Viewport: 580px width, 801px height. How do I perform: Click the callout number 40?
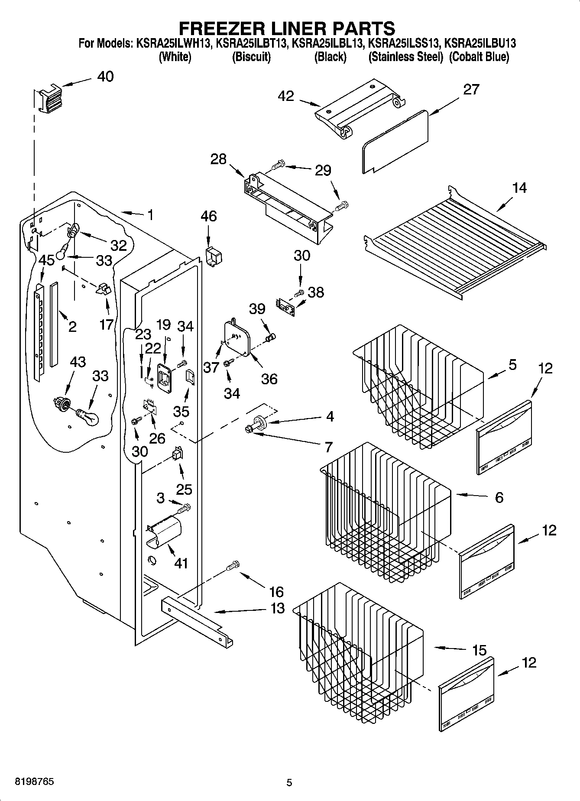point(105,77)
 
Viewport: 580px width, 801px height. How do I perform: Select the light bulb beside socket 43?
point(88,417)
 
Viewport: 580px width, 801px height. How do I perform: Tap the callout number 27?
point(471,90)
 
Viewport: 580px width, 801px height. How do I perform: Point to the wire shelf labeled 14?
point(455,243)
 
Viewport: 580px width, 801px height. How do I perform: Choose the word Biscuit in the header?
point(251,57)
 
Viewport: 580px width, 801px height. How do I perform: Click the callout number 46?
point(208,216)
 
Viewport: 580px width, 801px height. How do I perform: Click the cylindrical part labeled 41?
point(165,531)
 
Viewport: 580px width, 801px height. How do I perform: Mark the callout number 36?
point(269,379)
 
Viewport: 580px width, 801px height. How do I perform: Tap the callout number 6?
point(499,497)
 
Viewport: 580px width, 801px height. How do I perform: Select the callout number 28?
point(218,159)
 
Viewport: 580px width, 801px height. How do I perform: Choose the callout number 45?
point(46,260)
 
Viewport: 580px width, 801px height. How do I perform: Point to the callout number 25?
point(184,489)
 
